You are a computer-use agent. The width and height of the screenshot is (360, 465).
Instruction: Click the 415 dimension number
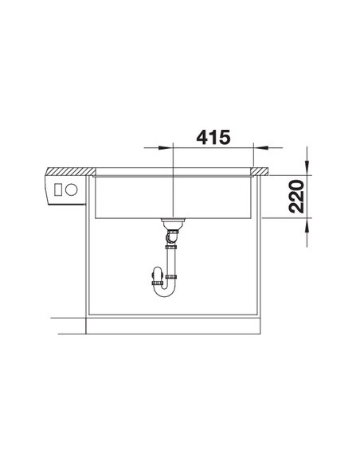[213, 137]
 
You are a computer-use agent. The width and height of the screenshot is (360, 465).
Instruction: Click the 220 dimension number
[296, 197]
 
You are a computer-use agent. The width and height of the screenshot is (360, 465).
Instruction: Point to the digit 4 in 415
[202, 137]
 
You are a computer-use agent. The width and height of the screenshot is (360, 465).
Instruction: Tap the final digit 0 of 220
[296, 186]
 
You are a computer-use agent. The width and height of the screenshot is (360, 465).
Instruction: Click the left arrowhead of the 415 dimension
[166, 147]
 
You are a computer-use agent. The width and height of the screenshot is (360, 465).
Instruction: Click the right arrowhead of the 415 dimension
[260, 147]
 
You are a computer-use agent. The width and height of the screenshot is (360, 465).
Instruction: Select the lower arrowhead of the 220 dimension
[307, 225]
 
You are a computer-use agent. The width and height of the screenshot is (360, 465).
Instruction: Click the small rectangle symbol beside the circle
[58, 190]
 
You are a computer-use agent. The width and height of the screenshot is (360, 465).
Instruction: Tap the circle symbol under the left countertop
[72, 190]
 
